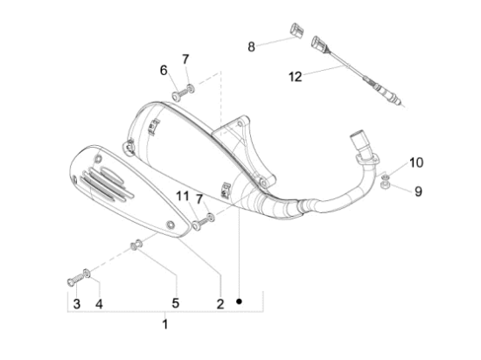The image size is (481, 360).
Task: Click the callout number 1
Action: (x=164, y=325)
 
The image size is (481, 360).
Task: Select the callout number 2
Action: (x=220, y=304)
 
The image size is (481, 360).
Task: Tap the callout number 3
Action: (x=76, y=304)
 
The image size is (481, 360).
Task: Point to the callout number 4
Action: (x=99, y=304)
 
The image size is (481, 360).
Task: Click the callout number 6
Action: (x=164, y=70)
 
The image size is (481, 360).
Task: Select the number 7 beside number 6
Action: (x=185, y=59)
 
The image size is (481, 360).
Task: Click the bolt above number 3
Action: (x=73, y=280)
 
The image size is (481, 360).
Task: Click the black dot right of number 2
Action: (x=239, y=303)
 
